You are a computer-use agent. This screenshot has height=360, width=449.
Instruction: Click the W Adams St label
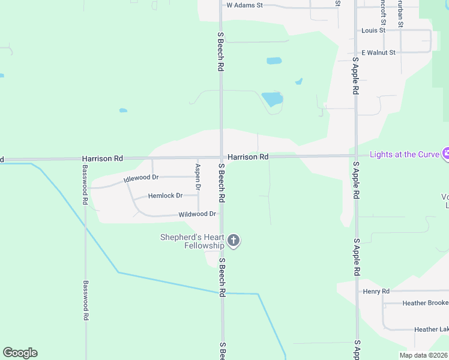point(244,5)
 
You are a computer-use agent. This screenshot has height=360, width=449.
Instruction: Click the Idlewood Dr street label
point(140,178)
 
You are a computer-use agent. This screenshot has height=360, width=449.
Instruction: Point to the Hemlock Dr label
point(165,196)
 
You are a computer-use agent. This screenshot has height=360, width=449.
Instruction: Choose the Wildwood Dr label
point(197,214)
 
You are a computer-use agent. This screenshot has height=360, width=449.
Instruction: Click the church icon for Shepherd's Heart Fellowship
point(234,241)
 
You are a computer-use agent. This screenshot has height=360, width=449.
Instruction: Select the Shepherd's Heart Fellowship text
point(192,241)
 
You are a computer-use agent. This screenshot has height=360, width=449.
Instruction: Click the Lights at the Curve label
point(405,154)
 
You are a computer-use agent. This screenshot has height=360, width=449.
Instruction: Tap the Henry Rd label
point(376,292)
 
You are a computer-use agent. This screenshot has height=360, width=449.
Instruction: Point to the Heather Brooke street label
point(425,304)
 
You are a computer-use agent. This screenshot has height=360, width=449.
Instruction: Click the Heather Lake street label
point(430,329)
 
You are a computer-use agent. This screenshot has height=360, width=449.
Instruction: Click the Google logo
point(20,353)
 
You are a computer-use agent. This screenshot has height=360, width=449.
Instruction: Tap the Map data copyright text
point(423,355)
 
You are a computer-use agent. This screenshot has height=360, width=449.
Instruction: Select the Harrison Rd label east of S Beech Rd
point(247,157)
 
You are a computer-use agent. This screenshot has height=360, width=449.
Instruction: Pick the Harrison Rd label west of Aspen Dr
point(103,158)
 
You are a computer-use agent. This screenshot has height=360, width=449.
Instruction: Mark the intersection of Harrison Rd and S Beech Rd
point(221,157)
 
